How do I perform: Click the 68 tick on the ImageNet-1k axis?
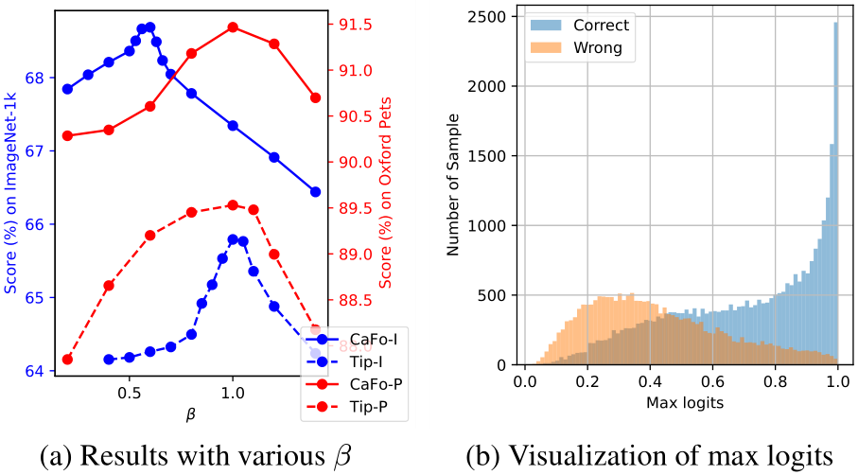pyautogui.click(x=33, y=78)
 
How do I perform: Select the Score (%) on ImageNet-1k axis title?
pyautogui.click(x=10, y=189)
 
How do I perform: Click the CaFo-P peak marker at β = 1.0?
pyautogui.click(x=233, y=27)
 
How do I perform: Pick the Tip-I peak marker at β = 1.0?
pyautogui.click(x=233, y=239)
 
